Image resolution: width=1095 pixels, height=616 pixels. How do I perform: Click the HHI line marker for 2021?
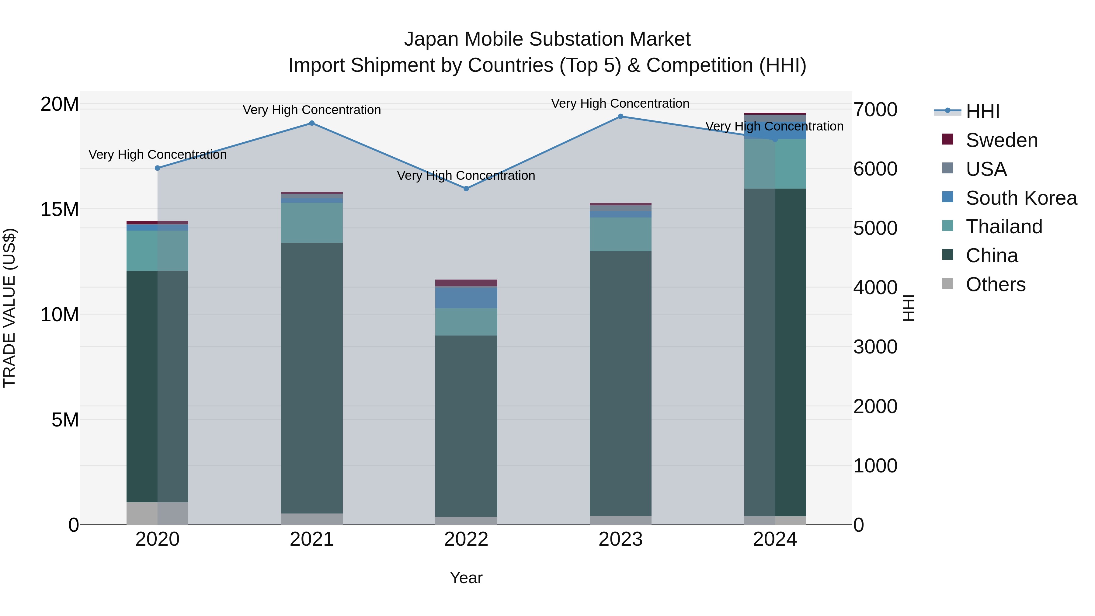(x=311, y=123)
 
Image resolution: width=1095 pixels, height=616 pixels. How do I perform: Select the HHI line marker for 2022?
(x=466, y=188)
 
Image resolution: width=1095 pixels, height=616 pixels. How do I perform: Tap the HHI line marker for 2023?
(x=620, y=117)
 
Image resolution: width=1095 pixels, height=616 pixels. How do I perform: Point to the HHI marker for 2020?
(x=157, y=168)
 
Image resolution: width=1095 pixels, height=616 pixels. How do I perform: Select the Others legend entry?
(x=995, y=284)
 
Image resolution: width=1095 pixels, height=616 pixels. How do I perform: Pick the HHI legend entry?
(x=982, y=111)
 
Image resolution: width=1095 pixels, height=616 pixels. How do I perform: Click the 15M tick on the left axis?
(x=60, y=209)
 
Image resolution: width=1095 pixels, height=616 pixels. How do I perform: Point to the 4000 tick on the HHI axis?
(x=875, y=287)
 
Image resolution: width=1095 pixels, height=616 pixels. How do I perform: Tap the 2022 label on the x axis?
(x=466, y=539)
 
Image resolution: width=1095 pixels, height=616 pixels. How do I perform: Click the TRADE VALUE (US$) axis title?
(x=9, y=308)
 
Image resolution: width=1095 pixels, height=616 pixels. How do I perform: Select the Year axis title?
(x=466, y=578)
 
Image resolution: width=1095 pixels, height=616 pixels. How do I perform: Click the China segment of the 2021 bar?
(x=311, y=378)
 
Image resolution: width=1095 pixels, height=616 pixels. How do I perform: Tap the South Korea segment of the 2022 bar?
(x=466, y=298)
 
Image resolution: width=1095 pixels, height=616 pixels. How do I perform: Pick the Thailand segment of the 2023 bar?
(x=620, y=234)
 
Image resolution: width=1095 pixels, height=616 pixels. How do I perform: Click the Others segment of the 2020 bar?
(x=157, y=513)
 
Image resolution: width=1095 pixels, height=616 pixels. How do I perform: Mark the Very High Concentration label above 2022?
(x=466, y=176)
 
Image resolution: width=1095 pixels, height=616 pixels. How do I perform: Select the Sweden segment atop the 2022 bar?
(x=466, y=283)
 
